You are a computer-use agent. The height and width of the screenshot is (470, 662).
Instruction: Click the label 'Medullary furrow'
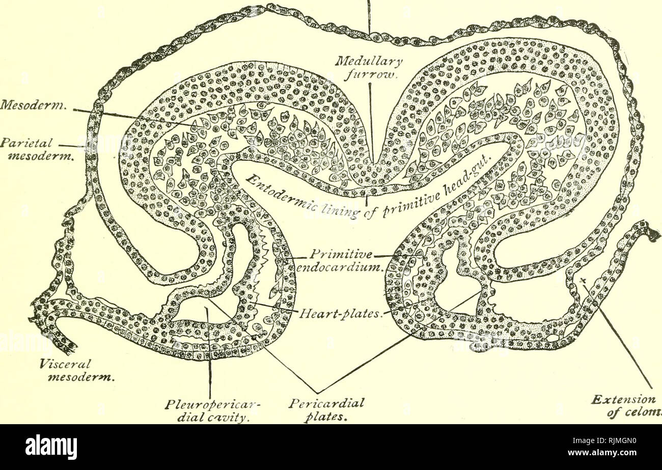click(x=371, y=69)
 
